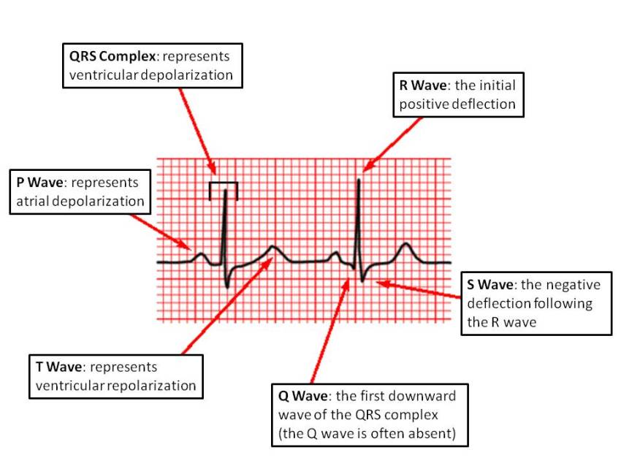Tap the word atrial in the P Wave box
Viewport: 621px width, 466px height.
point(35,201)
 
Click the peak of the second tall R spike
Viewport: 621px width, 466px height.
point(359,177)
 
